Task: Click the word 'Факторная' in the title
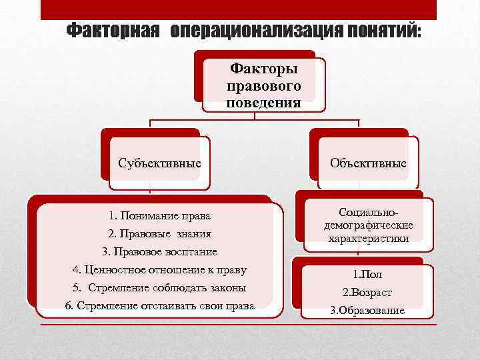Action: coord(115,31)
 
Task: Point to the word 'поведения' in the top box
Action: coord(263,103)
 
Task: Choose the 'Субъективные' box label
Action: coord(159,162)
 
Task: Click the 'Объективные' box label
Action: coord(368,162)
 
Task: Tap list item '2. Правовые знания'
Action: coord(159,233)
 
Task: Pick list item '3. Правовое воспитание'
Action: coord(159,252)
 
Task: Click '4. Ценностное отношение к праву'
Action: coord(159,270)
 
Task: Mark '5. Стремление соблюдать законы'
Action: coord(159,288)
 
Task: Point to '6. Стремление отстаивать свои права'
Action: coord(159,306)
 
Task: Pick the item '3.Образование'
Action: coord(367,311)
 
